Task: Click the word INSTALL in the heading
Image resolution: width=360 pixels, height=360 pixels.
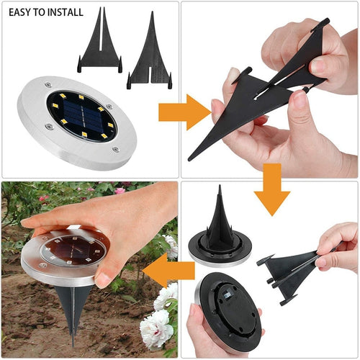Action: (x=66, y=12)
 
